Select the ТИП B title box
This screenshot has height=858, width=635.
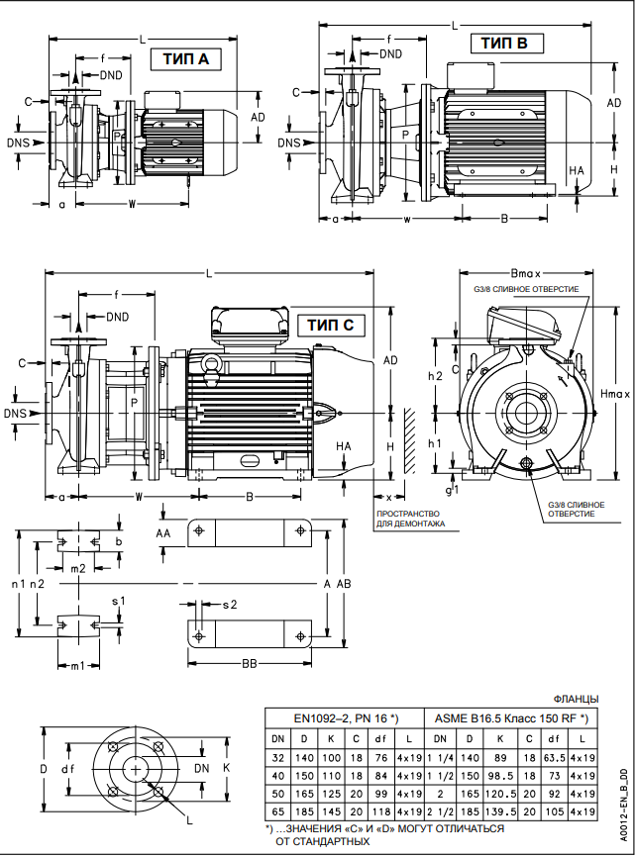point(511,43)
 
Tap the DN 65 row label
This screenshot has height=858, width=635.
point(278,810)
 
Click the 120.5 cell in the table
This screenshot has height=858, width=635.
point(503,793)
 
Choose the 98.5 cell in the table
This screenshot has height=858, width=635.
point(503,775)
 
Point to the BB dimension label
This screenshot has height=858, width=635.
point(250,664)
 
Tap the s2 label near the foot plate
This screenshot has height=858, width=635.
point(229,603)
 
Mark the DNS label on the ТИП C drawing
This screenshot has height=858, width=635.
point(16,413)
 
